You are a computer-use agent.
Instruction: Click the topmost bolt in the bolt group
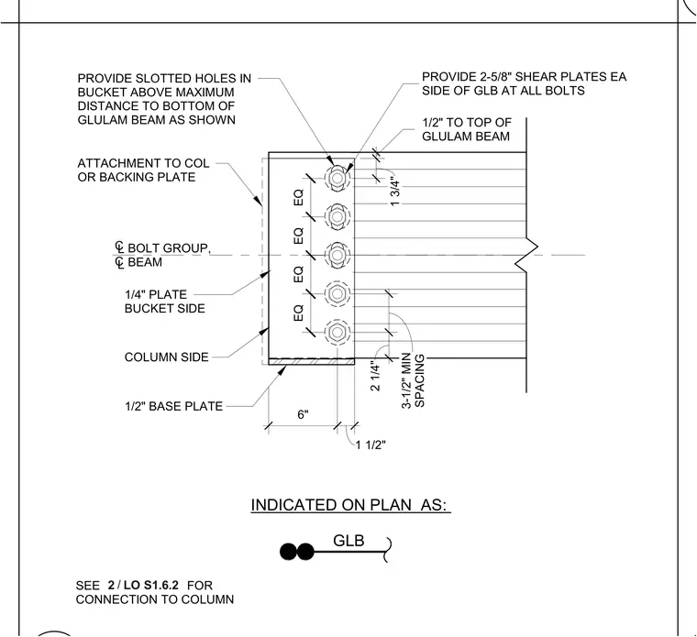(x=337, y=178)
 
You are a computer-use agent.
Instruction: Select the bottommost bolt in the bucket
(x=337, y=332)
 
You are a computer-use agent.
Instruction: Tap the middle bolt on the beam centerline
(x=337, y=255)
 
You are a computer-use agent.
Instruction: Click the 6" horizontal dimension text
(x=303, y=414)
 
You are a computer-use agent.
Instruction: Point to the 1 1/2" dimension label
(x=371, y=445)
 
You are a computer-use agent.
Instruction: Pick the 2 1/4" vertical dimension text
(x=376, y=378)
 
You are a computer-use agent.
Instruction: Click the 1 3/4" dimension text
(x=395, y=192)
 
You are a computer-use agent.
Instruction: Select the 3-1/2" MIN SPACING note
(x=414, y=381)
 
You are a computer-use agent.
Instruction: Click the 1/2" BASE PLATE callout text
(x=174, y=406)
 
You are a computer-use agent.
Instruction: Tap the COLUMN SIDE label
(x=166, y=357)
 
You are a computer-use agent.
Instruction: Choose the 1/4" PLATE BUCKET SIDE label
(x=164, y=302)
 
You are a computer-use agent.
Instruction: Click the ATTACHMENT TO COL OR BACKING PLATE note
(x=143, y=170)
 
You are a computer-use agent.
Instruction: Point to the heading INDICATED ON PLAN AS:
(x=350, y=505)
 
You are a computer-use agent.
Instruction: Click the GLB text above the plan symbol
(x=348, y=541)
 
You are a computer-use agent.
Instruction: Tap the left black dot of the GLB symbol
(x=288, y=552)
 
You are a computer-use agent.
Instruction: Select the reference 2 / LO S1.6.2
(x=143, y=585)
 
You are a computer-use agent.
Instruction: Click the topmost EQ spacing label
(x=299, y=197)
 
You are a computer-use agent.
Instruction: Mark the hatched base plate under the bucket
(x=312, y=362)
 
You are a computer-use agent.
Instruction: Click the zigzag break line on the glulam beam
(x=526, y=255)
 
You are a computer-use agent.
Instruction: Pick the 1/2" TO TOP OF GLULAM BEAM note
(x=467, y=129)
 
